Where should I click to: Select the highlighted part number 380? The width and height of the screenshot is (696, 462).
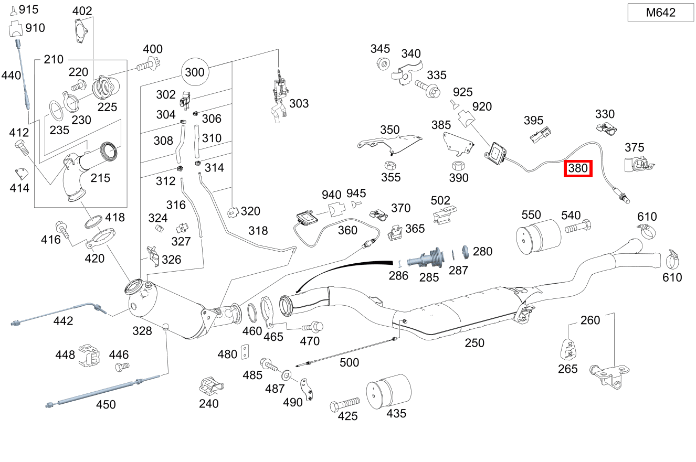pos(578,169)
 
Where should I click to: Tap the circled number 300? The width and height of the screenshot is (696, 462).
pos(195,71)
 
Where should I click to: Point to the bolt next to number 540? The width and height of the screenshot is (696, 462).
pos(578,228)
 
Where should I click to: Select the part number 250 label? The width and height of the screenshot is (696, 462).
pos(474,343)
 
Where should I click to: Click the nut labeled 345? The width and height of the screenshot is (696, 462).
pos(383,64)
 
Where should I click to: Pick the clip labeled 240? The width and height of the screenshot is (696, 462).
pos(210,386)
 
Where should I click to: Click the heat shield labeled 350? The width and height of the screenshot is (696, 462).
pos(391,143)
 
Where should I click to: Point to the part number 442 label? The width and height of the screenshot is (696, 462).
pos(64,320)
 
